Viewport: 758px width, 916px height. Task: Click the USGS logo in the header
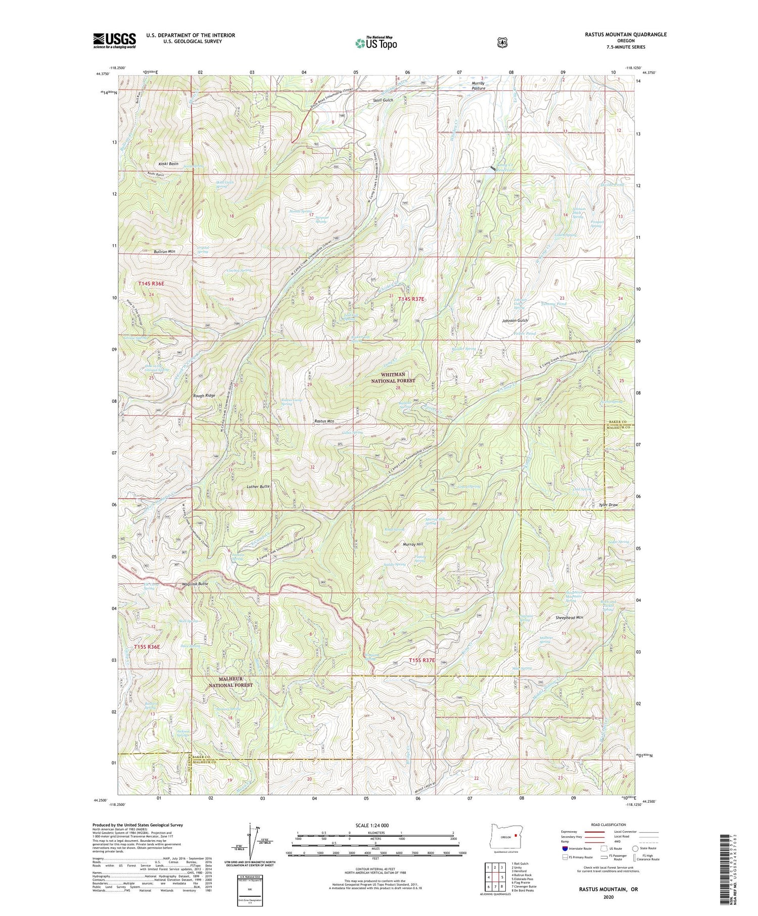[x=114, y=40]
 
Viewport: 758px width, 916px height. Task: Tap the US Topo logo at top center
[x=376, y=43]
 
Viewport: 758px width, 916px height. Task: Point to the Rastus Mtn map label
[x=324, y=421]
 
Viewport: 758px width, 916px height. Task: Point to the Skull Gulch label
[x=383, y=100]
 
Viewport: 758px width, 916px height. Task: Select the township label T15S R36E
[x=147, y=647]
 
